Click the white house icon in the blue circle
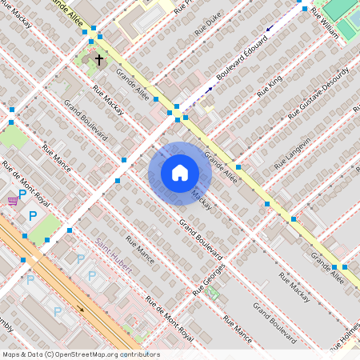180,173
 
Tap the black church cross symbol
99,59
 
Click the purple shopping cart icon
12,200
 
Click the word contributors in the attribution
140,354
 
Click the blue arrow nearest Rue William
270,29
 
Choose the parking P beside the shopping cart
22,194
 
